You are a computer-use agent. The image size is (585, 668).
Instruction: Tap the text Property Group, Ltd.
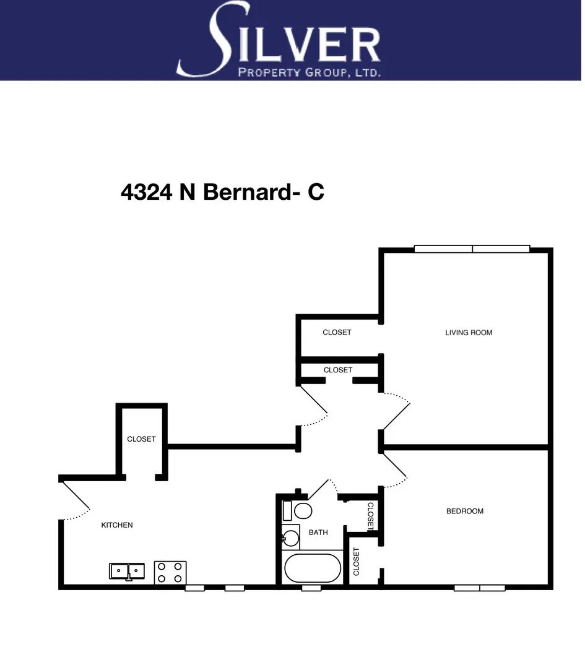pos(309,72)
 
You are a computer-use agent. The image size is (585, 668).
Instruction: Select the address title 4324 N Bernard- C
pos(222,192)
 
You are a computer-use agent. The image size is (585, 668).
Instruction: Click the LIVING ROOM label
pos(469,333)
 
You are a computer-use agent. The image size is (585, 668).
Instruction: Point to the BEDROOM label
pos(464,512)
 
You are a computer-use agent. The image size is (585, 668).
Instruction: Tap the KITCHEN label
pos(117,525)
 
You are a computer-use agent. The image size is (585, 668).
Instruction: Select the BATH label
pos(318,532)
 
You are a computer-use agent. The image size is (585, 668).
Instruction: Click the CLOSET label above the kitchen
pos(141,439)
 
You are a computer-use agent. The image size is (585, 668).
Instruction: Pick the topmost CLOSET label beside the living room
pos(337,332)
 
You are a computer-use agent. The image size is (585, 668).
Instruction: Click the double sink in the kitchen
pos(127,570)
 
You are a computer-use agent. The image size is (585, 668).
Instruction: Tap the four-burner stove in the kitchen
pos(170,572)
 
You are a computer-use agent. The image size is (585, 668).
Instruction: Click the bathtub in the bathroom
pos(313,567)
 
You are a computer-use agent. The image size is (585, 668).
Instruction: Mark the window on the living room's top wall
pos(472,249)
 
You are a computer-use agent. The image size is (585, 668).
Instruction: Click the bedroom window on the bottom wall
pos(479,588)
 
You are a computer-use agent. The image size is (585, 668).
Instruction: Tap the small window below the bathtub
pos(311,588)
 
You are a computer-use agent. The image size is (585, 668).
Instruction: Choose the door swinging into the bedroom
pos(394,467)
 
